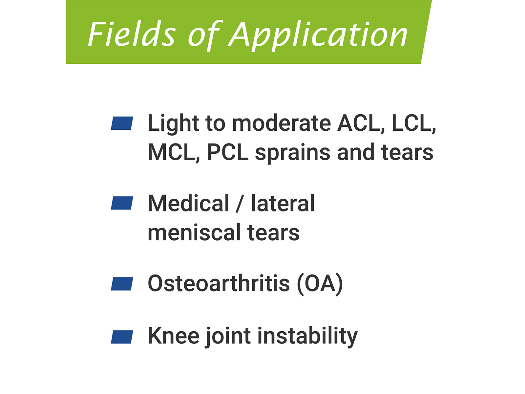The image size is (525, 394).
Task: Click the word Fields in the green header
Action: coord(132,34)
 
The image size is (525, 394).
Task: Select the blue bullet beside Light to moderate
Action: coord(122,123)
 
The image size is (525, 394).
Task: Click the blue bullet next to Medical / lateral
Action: coord(122,203)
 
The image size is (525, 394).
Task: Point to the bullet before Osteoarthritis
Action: coord(122,284)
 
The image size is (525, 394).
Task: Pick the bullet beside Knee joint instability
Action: coord(122,337)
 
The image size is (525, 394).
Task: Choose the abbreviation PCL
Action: coord(227,152)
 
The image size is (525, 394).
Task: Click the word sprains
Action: coord(293,154)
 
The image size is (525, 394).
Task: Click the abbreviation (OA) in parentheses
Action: coord(320,284)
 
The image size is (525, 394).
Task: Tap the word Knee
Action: coord(174,336)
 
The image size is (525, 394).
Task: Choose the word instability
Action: coord(307,337)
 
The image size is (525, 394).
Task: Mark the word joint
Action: coord(228,337)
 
